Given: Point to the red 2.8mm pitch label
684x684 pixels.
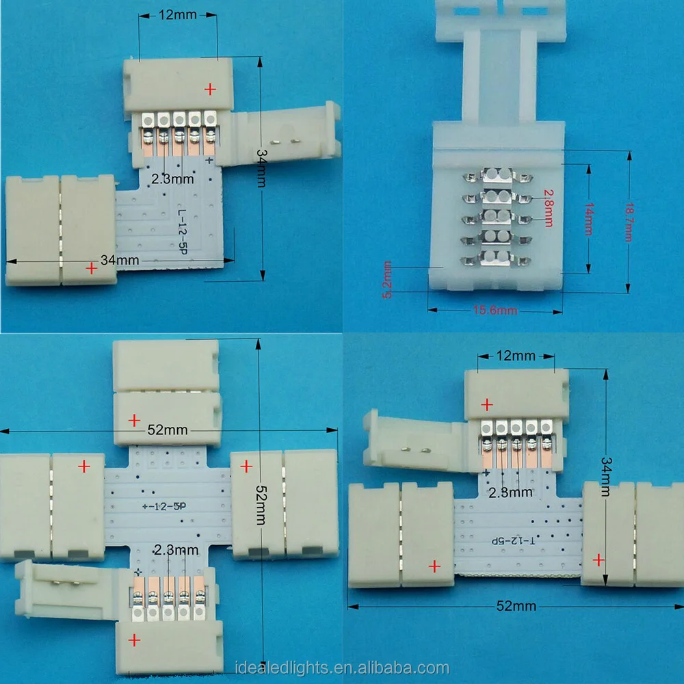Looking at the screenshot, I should (548, 207).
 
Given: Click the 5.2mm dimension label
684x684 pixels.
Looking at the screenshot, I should (389, 279).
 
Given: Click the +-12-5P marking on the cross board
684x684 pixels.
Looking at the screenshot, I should (167, 507).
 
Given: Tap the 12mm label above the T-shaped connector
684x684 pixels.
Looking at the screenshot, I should (516, 356).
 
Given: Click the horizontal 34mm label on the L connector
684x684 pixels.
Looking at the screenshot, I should (120, 260).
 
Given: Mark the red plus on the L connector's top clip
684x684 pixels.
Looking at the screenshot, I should (210, 89).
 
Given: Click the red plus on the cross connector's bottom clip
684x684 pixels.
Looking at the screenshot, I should (135, 640).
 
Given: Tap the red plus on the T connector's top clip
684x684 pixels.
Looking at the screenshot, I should (486, 404).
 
